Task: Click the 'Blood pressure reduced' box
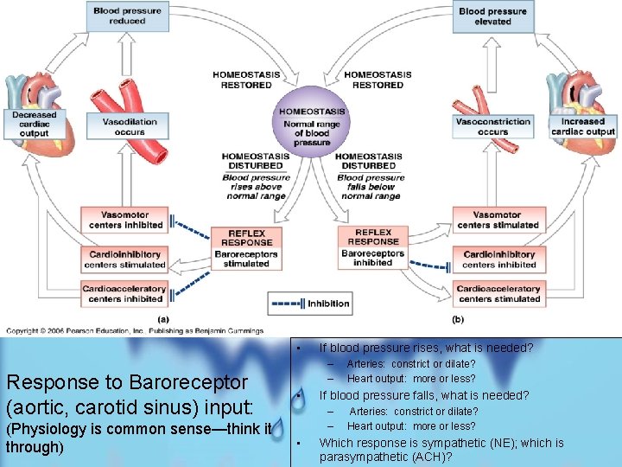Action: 127,16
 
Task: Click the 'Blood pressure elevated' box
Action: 492,16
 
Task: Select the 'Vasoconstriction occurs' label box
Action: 492,126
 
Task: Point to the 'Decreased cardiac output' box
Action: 35,124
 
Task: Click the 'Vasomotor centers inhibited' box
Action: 125,220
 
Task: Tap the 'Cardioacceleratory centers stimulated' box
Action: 499,294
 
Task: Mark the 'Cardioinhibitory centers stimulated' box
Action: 125,259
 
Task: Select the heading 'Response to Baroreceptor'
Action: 126,382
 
